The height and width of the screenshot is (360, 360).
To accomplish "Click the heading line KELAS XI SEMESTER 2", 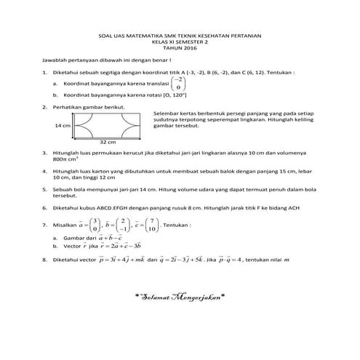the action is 179,41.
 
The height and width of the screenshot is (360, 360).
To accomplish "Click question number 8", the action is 45,258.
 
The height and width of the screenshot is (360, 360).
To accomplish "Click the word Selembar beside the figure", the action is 167,114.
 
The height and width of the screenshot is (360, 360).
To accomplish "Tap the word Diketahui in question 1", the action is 65,73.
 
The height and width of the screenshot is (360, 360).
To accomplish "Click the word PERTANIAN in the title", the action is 244,36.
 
